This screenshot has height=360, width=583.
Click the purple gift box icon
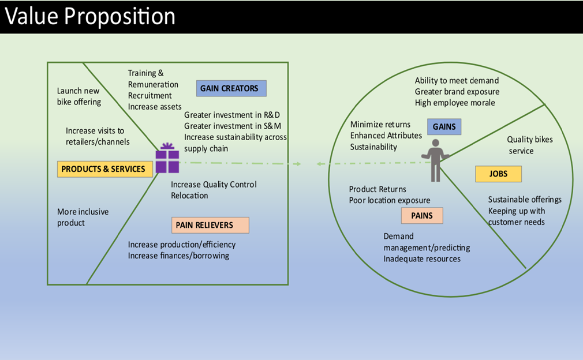point(167,159)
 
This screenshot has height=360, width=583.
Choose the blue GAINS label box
point(444,127)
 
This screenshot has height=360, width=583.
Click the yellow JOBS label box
point(498,174)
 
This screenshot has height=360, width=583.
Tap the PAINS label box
point(421,216)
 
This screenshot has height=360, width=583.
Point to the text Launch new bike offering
point(79,96)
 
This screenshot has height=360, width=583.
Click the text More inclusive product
point(83,217)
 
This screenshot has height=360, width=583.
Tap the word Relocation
point(189,196)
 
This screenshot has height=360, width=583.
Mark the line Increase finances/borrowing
point(178,256)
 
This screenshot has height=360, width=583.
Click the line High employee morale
point(455,103)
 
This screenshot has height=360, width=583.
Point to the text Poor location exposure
point(390,200)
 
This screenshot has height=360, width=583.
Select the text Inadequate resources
point(422,259)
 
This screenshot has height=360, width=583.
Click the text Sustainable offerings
point(525,200)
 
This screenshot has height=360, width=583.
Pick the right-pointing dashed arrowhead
point(297,164)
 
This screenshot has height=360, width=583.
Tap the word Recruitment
point(150,95)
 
